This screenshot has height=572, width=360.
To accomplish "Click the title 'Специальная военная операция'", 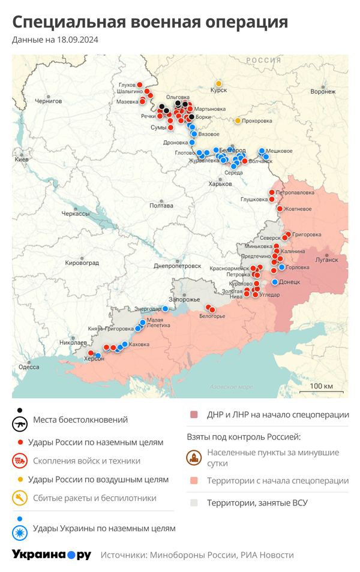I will click(x=150, y=22).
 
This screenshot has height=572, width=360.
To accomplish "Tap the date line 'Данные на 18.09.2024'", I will click(x=55, y=40).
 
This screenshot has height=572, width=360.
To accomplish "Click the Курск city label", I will click(x=218, y=91).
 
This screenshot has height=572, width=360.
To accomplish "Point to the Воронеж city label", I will click(x=323, y=92).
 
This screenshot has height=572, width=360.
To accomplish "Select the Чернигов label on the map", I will click(x=48, y=101).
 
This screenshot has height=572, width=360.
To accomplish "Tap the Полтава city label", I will click(x=161, y=206).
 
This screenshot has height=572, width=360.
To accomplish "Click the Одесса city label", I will click(x=29, y=367).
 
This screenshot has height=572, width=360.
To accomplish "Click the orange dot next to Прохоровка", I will click(x=238, y=121).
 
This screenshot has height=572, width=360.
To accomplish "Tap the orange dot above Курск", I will click(x=219, y=83).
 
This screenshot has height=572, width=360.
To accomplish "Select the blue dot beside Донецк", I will click(x=275, y=282).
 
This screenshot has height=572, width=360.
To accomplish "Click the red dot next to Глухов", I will click(x=140, y=85).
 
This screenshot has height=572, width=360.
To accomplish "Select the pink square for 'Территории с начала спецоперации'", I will click(x=194, y=481).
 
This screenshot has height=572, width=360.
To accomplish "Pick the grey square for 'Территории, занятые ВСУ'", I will click(x=194, y=502).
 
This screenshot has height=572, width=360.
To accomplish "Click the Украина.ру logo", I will click(x=52, y=555).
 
